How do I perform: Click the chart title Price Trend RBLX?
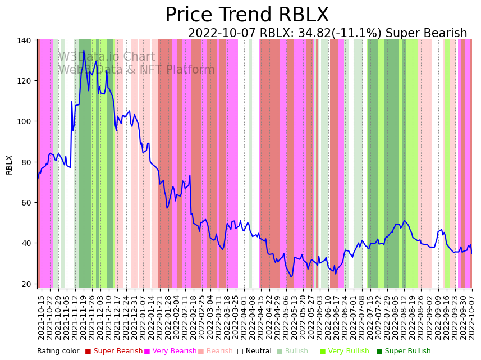pos(247,15)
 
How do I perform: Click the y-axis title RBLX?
pos(9,165)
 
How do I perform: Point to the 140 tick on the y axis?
pos(27,40)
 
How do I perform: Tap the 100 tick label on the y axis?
pos(27,121)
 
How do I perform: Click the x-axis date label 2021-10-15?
pos(41,317)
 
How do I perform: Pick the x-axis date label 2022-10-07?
pos(472,317)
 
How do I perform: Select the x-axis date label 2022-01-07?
pos(144,317)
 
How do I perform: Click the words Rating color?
pos(58,352)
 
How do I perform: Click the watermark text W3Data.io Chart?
pos(107,57)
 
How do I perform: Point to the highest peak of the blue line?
pos(84,51)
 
